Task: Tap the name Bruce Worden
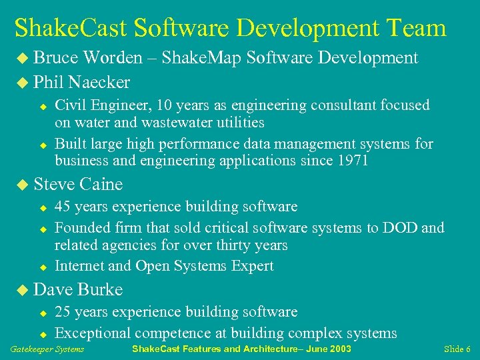click(x=88, y=58)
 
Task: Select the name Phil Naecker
click(x=81, y=83)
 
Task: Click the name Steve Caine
click(x=78, y=184)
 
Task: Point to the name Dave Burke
click(x=78, y=289)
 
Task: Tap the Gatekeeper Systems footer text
click(x=47, y=349)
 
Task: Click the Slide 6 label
click(x=457, y=349)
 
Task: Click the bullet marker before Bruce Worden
click(x=24, y=59)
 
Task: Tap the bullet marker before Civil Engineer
click(x=42, y=107)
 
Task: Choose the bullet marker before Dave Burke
click(x=24, y=290)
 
